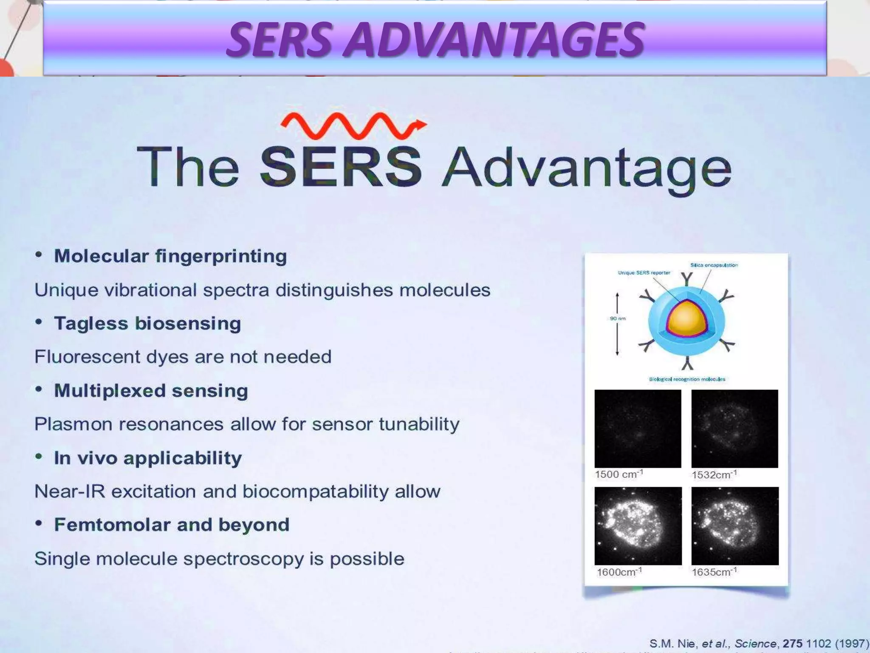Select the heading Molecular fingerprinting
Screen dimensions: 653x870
[x=170, y=256]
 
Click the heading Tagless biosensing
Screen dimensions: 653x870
[x=147, y=324]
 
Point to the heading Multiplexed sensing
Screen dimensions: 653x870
[x=151, y=391]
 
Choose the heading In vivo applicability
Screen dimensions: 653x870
[x=148, y=458]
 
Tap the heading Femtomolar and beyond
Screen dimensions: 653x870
[x=172, y=525]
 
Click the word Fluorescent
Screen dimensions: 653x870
[x=87, y=357]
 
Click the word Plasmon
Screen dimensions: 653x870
[x=73, y=424]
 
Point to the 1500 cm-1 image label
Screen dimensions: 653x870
[x=619, y=474]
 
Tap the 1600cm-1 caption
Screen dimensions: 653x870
[x=619, y=572]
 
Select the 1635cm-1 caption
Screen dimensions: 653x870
[x=714, y=572]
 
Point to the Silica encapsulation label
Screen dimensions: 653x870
[x=714, y=265]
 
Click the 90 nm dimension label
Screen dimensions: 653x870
[x=618, y=318]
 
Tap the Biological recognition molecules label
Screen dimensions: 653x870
[x=687, y=379]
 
